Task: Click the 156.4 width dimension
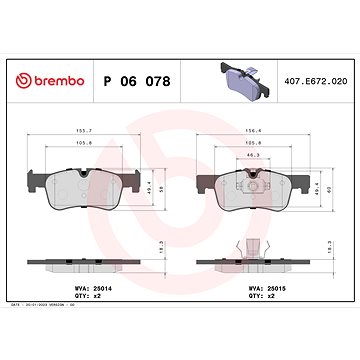pyautogui.click(x=256, y=129)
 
